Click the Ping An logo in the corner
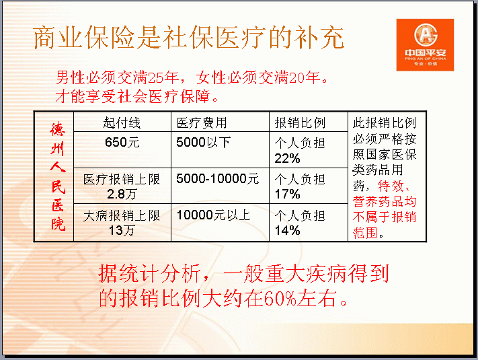click(425, 45)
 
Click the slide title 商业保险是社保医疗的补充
click(189, 38)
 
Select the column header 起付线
click(122, 123)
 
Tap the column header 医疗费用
click(202, 123)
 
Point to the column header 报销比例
click(300, 123)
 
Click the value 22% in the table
click(287, 158)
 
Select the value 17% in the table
click(287, 194)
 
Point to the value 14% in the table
click(287, 230)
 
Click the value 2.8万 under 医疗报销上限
click(122, 194)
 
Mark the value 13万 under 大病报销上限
click(122, 230)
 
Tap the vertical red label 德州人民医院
click(58, 176)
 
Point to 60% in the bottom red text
click(280, 298)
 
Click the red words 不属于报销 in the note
click(385, 217)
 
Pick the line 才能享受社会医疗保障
click(136, 96)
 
